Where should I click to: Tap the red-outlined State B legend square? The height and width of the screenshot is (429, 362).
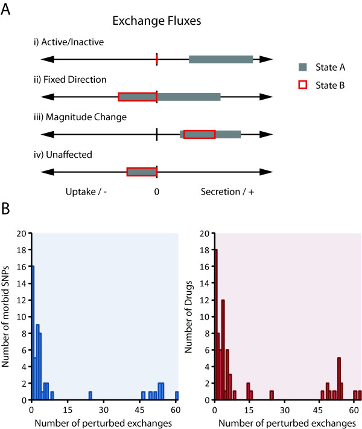pyautogui.click(x=303, y=85)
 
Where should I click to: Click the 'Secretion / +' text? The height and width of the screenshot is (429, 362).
pyautogui.click(x=224, y=192)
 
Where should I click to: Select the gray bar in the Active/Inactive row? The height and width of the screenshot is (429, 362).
pyautogui.click(x=221, y=59)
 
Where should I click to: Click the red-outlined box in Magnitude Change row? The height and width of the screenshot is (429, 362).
pyautogui.click(x=199, y=134)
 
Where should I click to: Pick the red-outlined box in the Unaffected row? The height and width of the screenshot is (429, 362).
pyautogui.click(x=142, y=172)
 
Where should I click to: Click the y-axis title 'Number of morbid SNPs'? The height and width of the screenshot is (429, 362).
pyautogui.click(x=8, y=315)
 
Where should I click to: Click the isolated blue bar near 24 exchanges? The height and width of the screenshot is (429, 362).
pyautogui.click(x=90, y=396)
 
